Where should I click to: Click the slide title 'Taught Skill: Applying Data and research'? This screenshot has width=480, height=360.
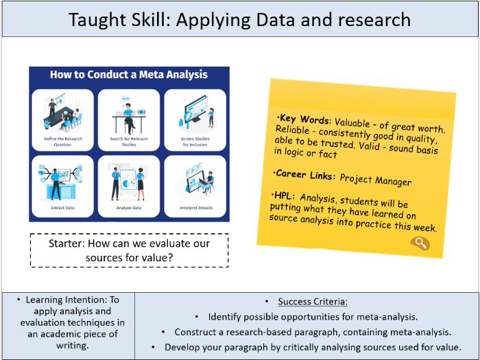[x=240, y=19]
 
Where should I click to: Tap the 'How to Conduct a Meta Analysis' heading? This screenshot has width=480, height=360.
[x=129, y=75]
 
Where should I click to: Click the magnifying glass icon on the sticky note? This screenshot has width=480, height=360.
[x=420, y=243]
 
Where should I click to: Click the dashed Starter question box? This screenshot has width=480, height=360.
[x=129, y=250]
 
